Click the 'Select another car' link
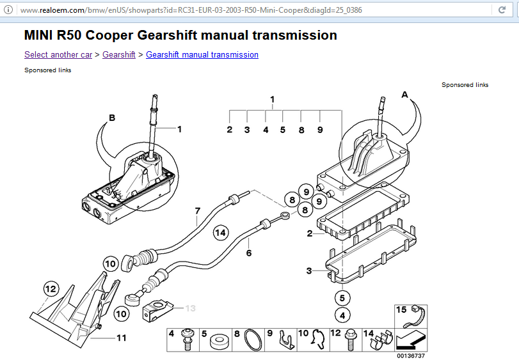coord(58,55)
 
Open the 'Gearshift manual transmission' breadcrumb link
coord(202,55)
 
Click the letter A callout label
coord(404,94)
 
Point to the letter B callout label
coord(112,118)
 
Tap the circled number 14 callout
coord(221,233)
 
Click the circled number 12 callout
coord(51,290)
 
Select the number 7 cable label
coord(198,210)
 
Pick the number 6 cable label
coord(249,253)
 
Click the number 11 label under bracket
coord(121,338)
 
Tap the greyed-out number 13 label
coord(190,308)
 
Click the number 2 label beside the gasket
coord(310,233)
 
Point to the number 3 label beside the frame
coord(310,271)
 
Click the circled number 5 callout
coord(342,297)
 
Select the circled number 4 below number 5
coord(342,315)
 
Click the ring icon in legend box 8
coord(253,341)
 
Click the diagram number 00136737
coord(411,356)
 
